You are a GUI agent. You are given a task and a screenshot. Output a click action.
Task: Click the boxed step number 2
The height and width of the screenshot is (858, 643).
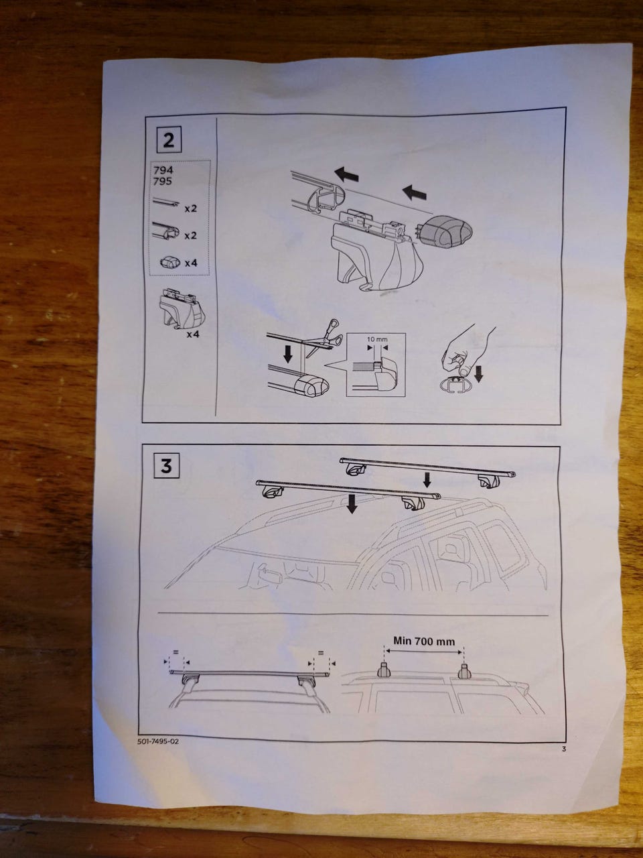click(169, 140)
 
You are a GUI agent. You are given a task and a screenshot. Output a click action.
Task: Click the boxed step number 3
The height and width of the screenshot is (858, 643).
click(167, 466)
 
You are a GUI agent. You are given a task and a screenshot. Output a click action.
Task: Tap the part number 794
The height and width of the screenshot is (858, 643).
click(163, 170)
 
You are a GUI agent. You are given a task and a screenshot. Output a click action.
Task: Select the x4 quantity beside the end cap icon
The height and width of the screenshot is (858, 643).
click(191, 263)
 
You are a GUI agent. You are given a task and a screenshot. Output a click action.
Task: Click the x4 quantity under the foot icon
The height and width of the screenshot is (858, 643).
click(194, 334)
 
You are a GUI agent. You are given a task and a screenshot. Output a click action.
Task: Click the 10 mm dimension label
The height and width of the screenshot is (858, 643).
click(377, 339)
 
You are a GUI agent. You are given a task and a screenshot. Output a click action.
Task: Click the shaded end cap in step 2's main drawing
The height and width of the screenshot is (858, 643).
click(446, 232)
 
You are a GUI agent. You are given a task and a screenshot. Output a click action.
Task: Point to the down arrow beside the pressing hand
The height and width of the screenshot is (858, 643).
click(479, 373)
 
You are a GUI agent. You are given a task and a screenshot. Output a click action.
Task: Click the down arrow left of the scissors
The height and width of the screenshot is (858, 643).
click(288, 354)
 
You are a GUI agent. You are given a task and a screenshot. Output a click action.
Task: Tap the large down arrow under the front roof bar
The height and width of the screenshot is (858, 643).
click(352, 503)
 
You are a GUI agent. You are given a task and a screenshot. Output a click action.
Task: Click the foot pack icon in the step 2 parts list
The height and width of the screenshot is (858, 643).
click(183, 307)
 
